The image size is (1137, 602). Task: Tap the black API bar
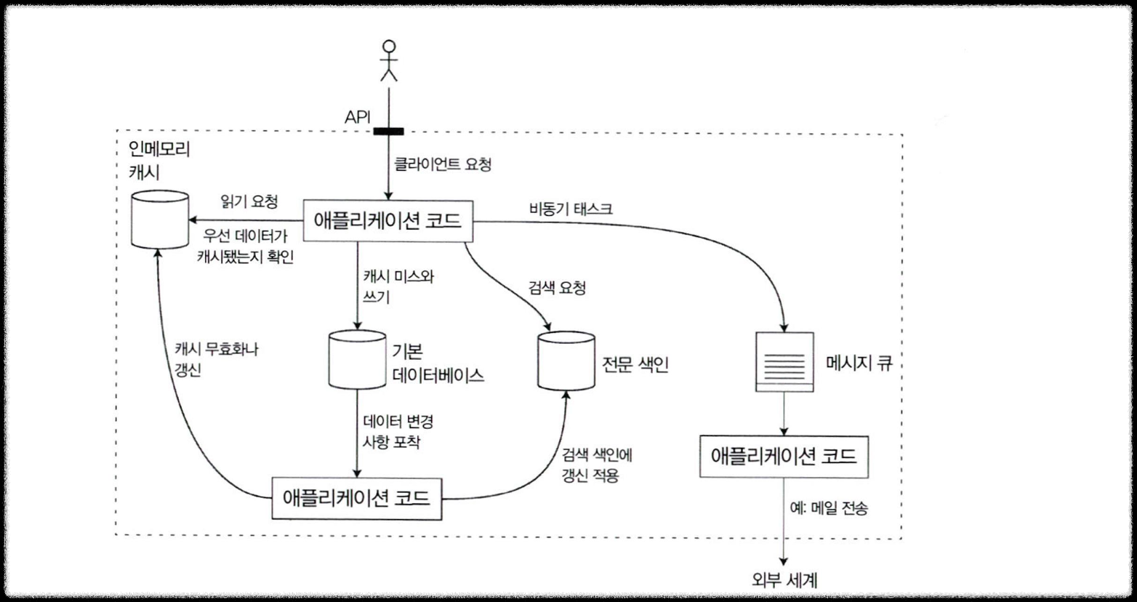[388, 131]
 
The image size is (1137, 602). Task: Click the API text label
[358, 117]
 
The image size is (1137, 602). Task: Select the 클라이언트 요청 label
[442, 164]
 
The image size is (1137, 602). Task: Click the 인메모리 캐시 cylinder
[160, 219]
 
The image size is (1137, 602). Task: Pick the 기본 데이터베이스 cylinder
[357, 360]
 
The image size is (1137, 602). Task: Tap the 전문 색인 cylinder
[566, 361]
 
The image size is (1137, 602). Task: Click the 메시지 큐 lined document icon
[784, 361]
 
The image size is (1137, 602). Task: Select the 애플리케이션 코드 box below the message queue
[784, 456]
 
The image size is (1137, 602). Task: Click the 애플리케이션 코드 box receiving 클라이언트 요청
[387, 221]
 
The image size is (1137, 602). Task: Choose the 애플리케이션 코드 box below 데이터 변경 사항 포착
[356, 498]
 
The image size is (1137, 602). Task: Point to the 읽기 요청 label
[249, 201]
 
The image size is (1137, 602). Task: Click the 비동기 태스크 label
[571, 209]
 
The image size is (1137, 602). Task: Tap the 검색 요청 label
[557, 288]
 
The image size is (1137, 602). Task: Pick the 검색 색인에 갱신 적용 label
[597, 465]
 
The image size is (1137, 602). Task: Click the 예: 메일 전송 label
[828, 508]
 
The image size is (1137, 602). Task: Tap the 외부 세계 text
[784, 580]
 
